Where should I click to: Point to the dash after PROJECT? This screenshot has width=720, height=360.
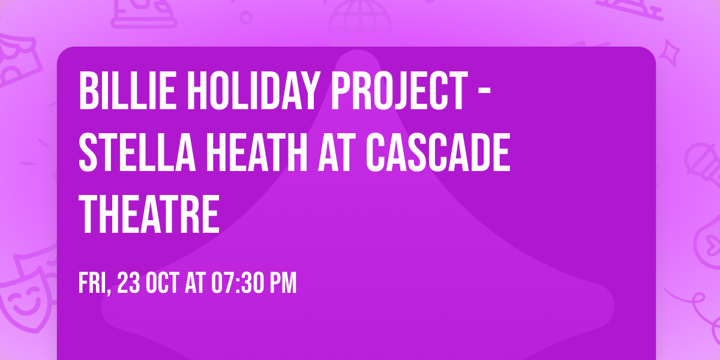click(x=486, y=93)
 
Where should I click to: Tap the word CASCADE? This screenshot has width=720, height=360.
click(x=439, y=152)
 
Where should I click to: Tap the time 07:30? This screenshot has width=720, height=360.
click(x=235, y=283)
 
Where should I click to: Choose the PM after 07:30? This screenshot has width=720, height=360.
click(x=282, y=283)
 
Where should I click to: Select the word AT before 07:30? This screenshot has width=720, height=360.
click(x=194, y=283)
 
